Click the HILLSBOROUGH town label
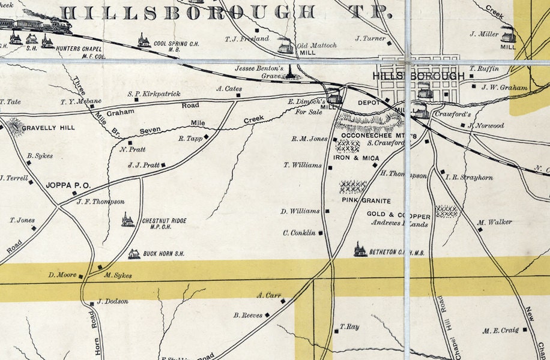[x=419, y=76]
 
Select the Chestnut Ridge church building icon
[x=127, y=220]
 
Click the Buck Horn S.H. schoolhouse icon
[x=134, y=254]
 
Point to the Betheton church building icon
[x=360, y=250]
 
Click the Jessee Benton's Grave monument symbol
[x=291, y=73]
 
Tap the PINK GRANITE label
[x=366, y=200]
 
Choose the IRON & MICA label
[x=356, y=158]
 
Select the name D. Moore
[x=62, y=275]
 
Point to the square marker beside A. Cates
[x=235, y=97]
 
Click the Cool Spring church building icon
[x=144, y=41]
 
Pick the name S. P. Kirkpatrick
[x=154, y=94]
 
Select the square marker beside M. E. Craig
[x=525, y=329]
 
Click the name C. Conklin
[x=300, y=233]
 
